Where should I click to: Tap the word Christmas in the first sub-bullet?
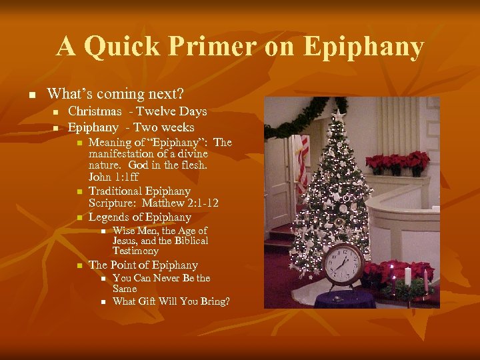tap(95, 111)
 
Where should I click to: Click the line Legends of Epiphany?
tap(139, 217)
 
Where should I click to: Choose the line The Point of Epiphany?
tap(143, 265)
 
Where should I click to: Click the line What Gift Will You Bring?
tap(171, 301)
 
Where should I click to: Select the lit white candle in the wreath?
tap(407, 275)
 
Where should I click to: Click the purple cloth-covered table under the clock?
tap(347, 298)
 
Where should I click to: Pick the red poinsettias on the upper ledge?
tap(397, 163)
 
